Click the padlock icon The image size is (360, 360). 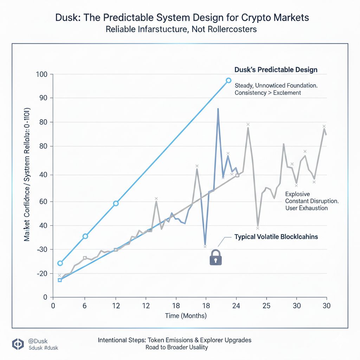pos(216,257)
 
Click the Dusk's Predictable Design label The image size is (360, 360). pos(276,70)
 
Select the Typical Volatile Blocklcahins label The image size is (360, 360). pos(276,237)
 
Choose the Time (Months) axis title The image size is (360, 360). pos(186,316)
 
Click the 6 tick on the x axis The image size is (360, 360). pos(85,305)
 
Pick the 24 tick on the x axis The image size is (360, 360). pos(236,305)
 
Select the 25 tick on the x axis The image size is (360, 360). pos(266,305)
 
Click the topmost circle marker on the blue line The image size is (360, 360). pos(229,81)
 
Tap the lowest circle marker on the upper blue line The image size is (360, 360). pos(60,263)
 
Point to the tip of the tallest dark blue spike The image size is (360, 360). pos(218,109)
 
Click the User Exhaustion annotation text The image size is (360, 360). pos(306,208)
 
